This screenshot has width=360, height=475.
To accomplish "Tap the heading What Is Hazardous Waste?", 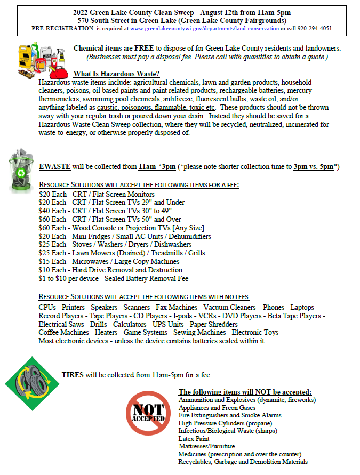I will click(116, 74).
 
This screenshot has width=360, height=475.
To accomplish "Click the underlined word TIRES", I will click(73, 375).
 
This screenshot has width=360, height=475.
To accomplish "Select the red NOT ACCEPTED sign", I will click(148, 414).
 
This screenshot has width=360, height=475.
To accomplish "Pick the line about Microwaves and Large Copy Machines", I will click(109, 261).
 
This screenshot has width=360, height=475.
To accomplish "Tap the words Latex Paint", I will click(194, 438).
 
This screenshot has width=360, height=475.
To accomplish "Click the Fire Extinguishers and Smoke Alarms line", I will click(230, 415).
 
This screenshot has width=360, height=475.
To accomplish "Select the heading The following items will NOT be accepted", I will click(245, 391).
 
